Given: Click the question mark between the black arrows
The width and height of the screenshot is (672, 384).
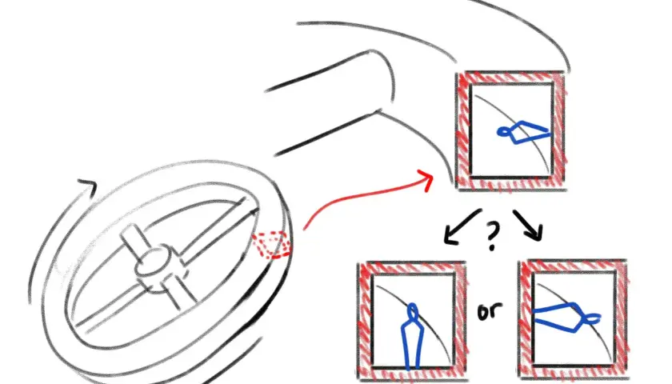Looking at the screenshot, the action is [492, 237].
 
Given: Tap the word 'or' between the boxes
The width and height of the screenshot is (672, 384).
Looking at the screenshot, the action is [490, 311].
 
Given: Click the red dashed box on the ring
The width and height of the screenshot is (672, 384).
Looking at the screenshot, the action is [270, 245].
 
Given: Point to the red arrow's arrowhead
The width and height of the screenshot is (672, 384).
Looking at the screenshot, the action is [426, 179].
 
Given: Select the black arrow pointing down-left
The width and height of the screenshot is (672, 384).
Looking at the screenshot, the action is [461, 227].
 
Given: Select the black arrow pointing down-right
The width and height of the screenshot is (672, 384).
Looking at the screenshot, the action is [529, 225].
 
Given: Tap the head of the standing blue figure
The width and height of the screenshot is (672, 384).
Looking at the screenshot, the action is [412, 310].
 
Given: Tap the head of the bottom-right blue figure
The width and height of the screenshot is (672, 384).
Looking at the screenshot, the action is [593, 318].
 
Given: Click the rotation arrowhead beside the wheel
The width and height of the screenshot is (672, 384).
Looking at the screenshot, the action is [87, 187].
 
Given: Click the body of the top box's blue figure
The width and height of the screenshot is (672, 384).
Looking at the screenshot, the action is [529, 131].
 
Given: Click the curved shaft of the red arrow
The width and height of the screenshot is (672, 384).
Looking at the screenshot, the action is [364, 196].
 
